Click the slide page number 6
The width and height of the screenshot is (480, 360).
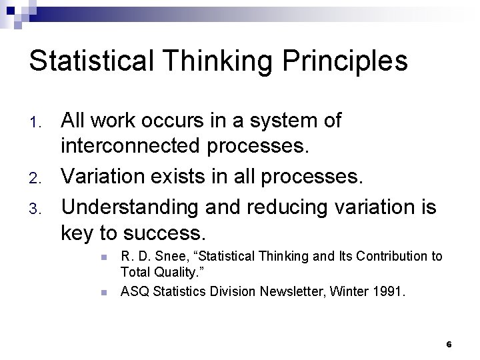coord(449,345)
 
